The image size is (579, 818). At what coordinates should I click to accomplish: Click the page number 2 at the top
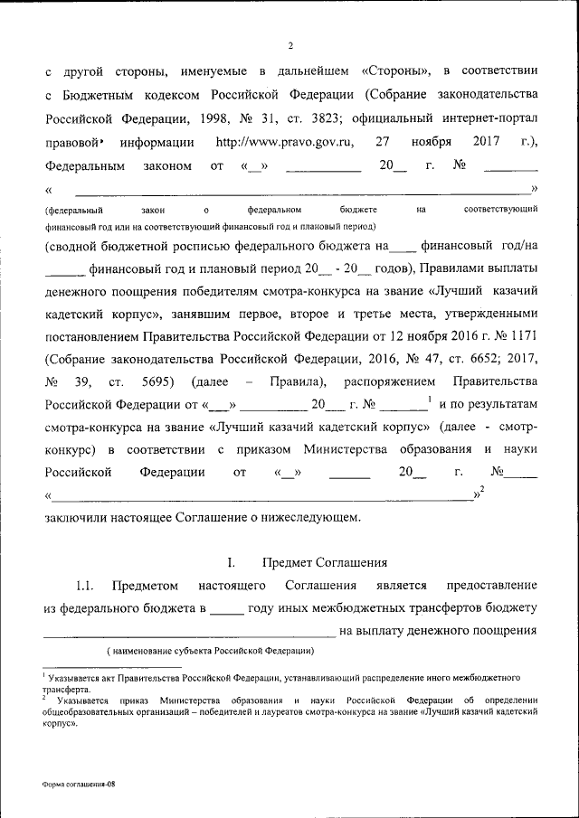[290, 45]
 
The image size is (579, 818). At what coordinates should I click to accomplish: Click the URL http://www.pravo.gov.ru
[285, 142]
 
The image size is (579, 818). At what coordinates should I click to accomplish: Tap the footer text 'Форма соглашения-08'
[79, 785]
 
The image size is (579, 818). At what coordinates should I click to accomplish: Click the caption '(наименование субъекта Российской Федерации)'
[209, 651]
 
